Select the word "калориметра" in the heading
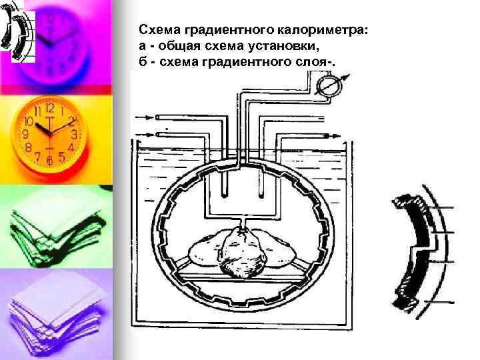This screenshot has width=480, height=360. [321, 31]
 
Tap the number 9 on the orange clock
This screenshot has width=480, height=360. [27, 134]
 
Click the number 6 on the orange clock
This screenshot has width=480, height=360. [49, 161]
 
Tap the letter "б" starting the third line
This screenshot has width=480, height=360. [143, 63]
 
